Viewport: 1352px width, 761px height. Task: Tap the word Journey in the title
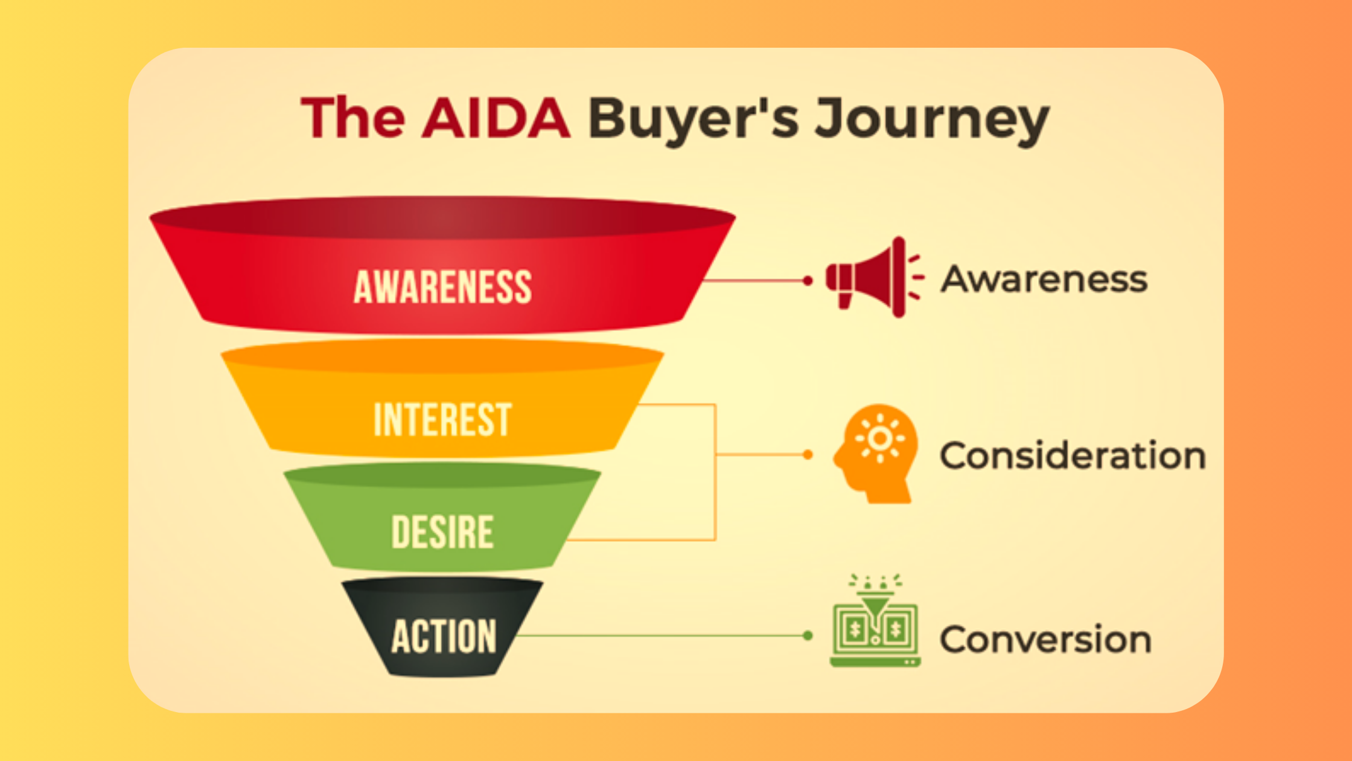933,121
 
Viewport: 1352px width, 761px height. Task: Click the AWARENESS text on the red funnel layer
443,286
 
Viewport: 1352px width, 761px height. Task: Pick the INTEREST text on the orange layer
442,419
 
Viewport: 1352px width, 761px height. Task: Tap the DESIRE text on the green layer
442,531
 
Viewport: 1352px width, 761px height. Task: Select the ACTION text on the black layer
444,636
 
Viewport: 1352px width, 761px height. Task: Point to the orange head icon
876,454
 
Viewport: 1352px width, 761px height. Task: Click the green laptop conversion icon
875,620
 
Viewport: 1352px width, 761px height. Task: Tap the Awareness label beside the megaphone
1044,279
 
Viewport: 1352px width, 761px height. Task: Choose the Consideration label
1073,455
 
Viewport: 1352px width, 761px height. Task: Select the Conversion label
1046,639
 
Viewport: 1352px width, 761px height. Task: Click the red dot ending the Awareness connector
808,280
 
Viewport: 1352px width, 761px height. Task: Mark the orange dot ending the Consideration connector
808,454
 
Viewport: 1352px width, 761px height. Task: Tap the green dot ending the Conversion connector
808,635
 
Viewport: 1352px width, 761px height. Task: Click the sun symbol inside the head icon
880,438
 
